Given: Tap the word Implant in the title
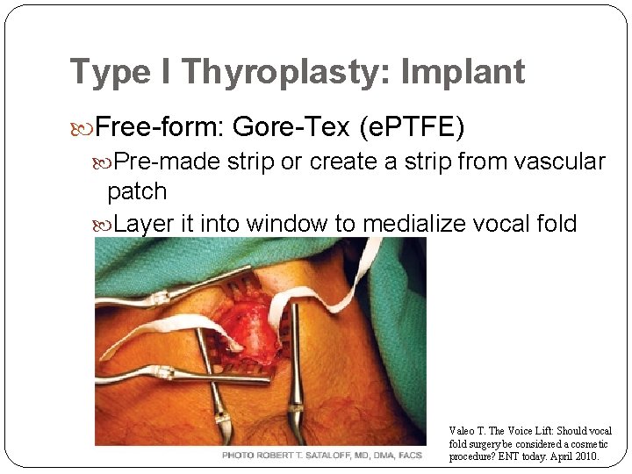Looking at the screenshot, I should tap(463, 72).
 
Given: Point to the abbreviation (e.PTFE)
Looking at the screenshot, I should tap(412, 128).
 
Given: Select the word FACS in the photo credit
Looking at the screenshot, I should tap(409, 456).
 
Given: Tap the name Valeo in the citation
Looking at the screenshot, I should tap(463, 431).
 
